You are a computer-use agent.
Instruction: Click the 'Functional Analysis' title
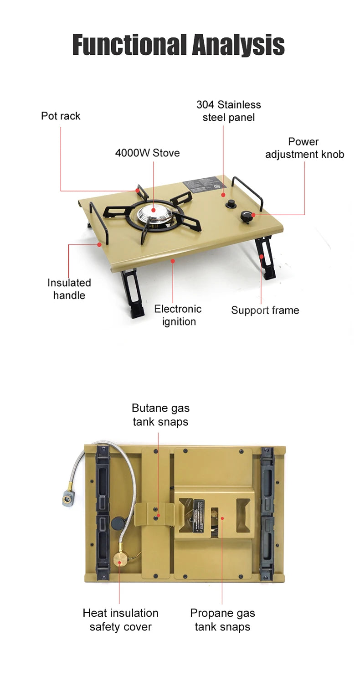179,45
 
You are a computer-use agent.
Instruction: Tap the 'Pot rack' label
61,116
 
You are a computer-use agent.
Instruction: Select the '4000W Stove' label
147,153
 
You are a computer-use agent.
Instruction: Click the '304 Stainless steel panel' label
228,111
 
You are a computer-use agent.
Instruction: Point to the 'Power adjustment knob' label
304,148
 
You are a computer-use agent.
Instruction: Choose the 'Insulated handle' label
69,289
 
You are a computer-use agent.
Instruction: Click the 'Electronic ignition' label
178,315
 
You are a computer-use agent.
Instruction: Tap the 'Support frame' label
265,310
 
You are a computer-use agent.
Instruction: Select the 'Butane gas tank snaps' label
160,414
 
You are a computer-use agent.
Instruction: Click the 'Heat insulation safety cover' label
120,620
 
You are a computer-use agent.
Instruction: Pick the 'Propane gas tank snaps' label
222,620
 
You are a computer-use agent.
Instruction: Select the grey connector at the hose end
69,498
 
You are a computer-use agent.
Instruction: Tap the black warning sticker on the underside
199,515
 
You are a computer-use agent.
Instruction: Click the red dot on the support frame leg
262,257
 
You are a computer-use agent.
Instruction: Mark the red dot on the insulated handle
99,245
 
